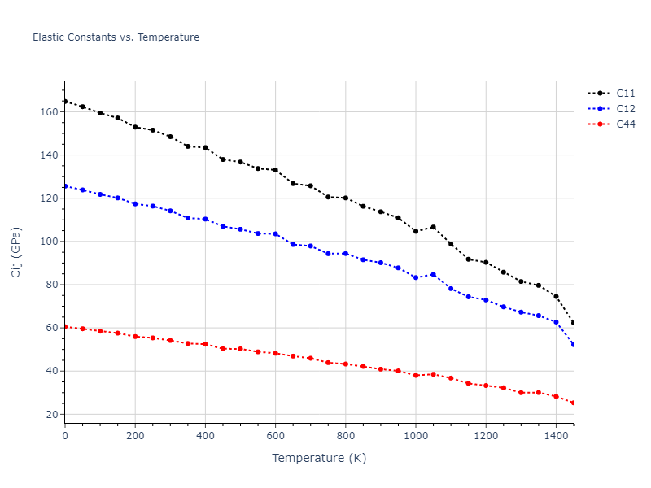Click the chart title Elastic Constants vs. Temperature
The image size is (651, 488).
pyautogui.click(x=116, y=37)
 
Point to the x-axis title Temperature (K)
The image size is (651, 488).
pyautogui.click(x=319, y=459)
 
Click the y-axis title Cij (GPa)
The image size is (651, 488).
pyautogui.click(x=16, y=252)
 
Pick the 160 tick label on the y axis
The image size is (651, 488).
pyautogui.click(x=49, y=111)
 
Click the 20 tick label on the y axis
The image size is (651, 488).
pyautogui.click(x=52, y=415)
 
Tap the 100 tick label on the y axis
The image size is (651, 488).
pyautogui.click(x=49, y=242)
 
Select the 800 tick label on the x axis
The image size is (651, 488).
pyautogui.click(x=346, y=435)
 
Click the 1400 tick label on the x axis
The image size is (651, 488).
pyautogui.click(x=556, y=435)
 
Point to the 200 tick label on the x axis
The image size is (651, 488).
pyautogui.click(x=135, y=435)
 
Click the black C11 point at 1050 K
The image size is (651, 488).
pyautogui.click(x=433, y=227)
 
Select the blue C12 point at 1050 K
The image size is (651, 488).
pyautogui.click(x=433, y=274)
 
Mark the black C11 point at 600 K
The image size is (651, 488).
pyautogui.click(x=275, y=170)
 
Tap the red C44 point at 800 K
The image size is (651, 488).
pyautogui.click(x=346, y=364)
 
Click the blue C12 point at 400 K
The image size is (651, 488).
pyautogui.click(x=205, y=219)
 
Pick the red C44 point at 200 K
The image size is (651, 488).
pyautogui.click(x=135, y=336)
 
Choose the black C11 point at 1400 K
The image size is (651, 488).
pyautogui.click(x=556, y=296)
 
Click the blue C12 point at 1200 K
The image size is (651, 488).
pyautogui.click(x=486, y=300)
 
